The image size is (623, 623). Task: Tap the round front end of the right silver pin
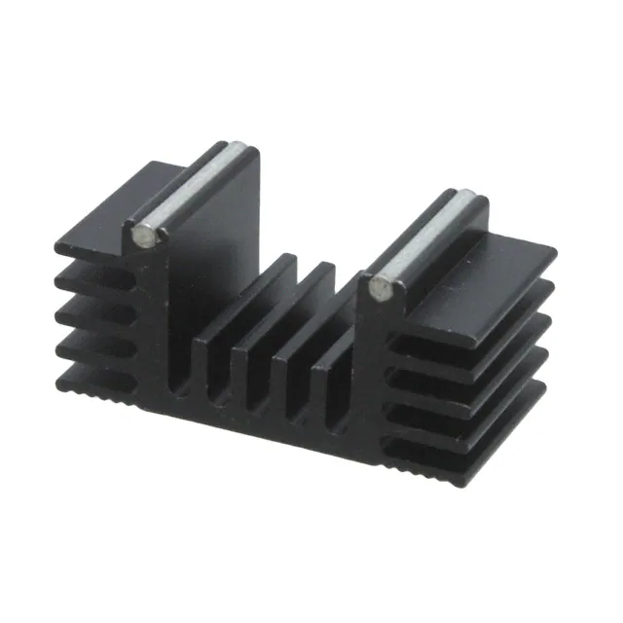381,289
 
